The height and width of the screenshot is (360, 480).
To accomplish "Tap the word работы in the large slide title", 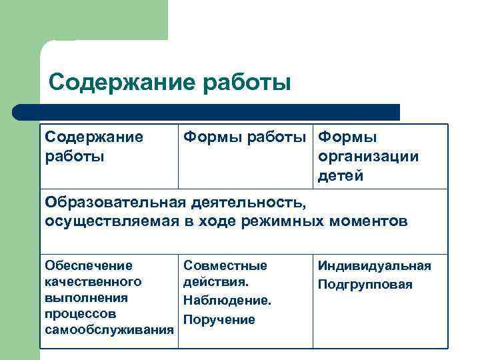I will (243, 83).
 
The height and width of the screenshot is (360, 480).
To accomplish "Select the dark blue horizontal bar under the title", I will (207, 112).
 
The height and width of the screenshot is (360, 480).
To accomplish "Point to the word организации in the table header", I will (368, 157).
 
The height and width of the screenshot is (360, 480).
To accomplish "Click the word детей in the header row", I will (341, 176).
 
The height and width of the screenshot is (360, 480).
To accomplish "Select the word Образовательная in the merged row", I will (114, 202).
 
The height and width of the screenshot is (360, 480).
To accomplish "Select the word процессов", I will (81, 313).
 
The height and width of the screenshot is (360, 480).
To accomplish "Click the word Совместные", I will (225, 266).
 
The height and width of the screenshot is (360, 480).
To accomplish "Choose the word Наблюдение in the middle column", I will (227, 301).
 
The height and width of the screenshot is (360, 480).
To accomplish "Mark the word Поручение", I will (219, 320).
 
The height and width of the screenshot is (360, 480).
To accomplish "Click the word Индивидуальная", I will (375, 266).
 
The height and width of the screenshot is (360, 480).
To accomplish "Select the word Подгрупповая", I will (365, 285).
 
